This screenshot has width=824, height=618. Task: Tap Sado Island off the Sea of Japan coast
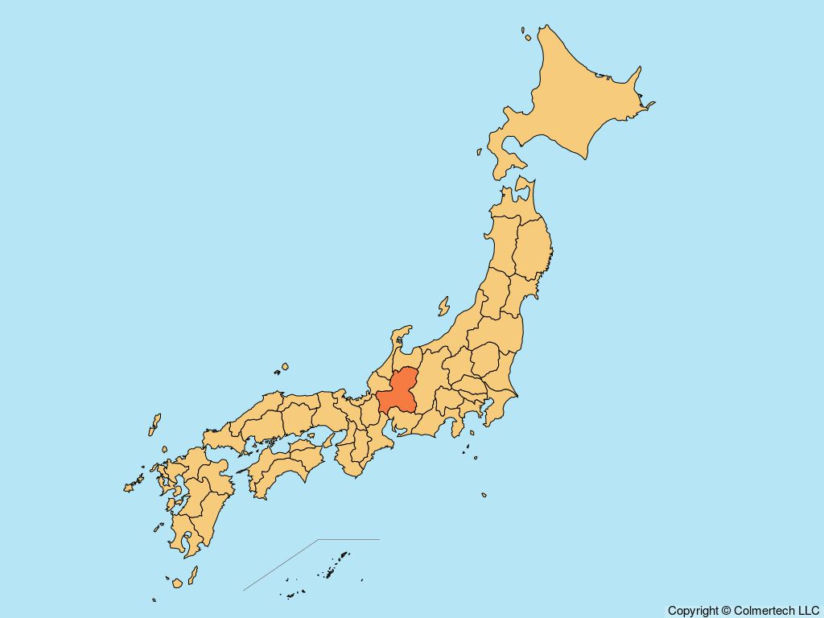pyautogui.click(x=443, y=306)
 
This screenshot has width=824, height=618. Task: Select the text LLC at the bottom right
pyautogui.click(x=808, y=611)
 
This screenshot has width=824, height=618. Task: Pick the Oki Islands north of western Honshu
pyautogui.click(x=282, y=369)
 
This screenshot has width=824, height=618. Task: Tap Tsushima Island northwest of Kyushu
pyautogui.click(x=154, y=424)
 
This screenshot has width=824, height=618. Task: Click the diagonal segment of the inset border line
pyautogui.click(x=282, y=564)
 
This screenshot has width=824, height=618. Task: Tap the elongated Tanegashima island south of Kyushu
pyautogui.click(x=193, y=575)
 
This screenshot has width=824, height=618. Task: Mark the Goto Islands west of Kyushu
pyautogui.click(x=130, y=486)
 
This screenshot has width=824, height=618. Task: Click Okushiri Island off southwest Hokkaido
pyautogui.click(x=479, y=150)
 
